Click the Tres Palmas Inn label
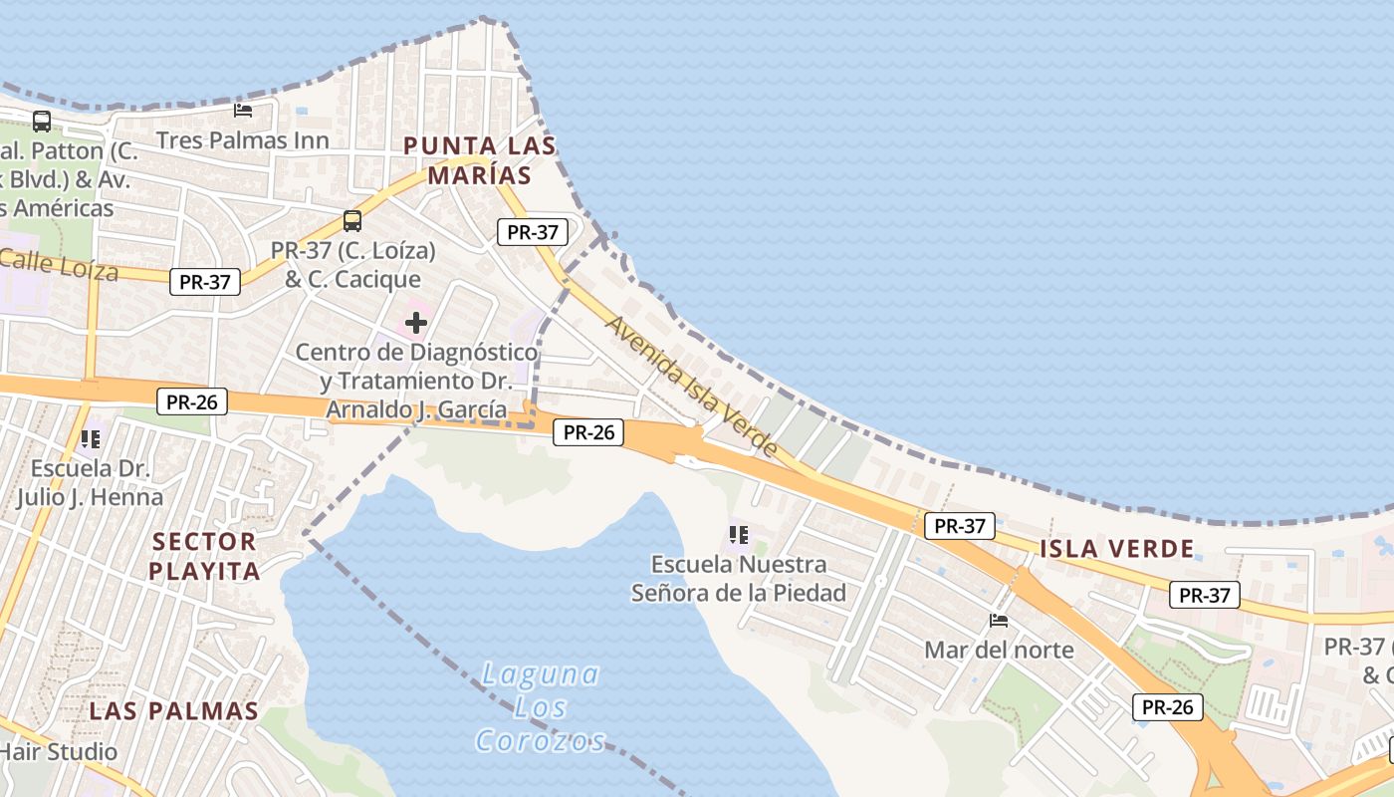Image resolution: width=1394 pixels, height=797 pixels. [242, 140]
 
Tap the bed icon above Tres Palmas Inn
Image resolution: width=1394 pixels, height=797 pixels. [242, 110]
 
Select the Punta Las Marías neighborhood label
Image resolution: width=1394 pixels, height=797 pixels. [479, 160]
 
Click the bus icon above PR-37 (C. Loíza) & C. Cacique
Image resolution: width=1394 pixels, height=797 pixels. [351, 220]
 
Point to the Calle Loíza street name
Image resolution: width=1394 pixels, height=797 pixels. [60, 265]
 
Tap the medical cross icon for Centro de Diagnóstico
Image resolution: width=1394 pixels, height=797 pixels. [416, 323]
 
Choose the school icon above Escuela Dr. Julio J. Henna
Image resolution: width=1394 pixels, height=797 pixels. [91, 438]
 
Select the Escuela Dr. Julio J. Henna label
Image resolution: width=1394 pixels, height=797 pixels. [90, 482]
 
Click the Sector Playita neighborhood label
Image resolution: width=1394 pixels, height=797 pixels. [204, 556]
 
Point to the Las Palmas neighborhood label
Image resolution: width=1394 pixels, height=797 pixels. [174, 711]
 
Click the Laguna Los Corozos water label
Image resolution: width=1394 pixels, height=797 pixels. [541, 707]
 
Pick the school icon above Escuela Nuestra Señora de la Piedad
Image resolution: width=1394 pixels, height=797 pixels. [738, 535]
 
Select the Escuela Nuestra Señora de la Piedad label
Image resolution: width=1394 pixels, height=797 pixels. [739, 579]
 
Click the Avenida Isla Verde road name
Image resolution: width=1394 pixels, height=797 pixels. [692, 387]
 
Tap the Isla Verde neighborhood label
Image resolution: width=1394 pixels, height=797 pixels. [1116, 548]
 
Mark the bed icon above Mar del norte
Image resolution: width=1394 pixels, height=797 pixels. [999, 621]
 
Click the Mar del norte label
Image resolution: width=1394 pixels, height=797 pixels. [999, 651]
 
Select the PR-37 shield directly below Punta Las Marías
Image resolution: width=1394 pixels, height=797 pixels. [533, 232]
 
